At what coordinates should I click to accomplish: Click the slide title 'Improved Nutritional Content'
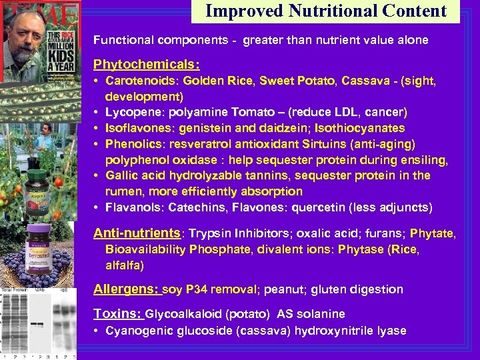pyautogui.click(x=325, y=11)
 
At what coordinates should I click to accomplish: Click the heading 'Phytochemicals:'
pyautogui.click(x=146, y=65)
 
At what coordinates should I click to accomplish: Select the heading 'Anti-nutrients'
pyautogui.click(x=137, y=233)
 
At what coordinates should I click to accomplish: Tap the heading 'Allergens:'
pyautogui.click(x=126, y=289)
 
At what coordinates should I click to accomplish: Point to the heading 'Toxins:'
pyautogui.click(x=117, y=313)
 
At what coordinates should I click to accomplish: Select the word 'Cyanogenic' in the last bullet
pyautogui.click(x=136, y=331)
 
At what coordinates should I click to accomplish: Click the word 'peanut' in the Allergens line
pyautogui.click(x=283, y=289)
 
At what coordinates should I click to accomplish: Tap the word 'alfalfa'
pyautogui.click(x=124, y=265)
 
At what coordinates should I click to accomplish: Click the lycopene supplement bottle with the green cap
pyautogui.click(x=39, y=191)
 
